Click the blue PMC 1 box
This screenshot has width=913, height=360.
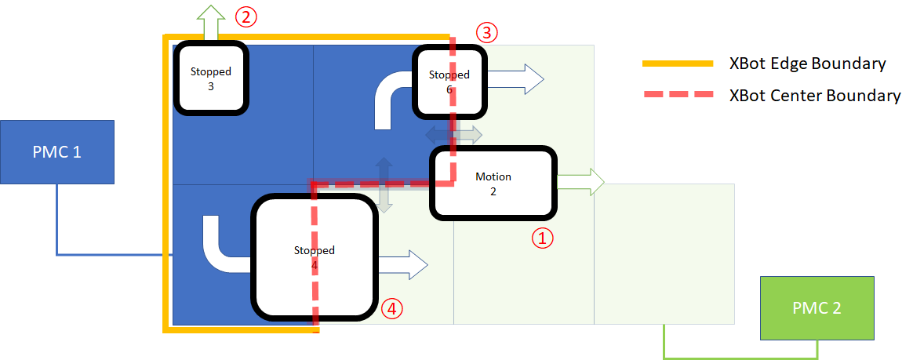coord(57,151)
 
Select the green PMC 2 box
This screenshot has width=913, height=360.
coord(817,307)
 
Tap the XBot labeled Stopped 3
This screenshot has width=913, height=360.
coord(211,78)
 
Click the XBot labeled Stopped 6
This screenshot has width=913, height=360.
coord(449,82)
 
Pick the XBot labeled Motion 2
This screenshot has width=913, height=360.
coord(493,183)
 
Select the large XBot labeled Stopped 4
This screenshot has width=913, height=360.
coord(314,257)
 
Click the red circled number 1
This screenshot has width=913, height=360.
coord(543,238)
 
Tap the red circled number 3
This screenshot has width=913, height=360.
coord(486,32)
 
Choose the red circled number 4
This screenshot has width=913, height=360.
coord(392,309)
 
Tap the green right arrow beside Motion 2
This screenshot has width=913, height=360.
coord(580,183)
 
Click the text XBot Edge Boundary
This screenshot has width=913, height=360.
coord(807,64)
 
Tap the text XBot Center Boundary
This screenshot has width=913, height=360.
coord(814,96)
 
